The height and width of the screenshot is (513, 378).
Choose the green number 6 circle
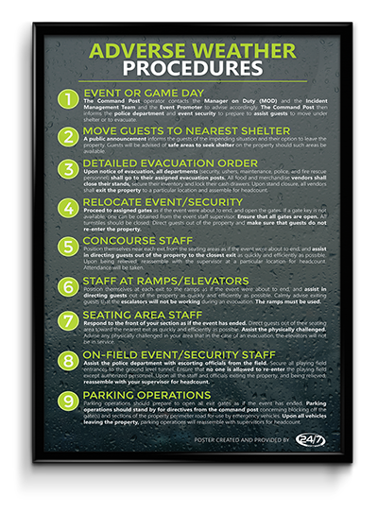click(66, 285)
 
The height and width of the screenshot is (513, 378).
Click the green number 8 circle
click(66, 361)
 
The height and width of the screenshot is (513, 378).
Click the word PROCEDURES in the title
click(189, 70)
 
